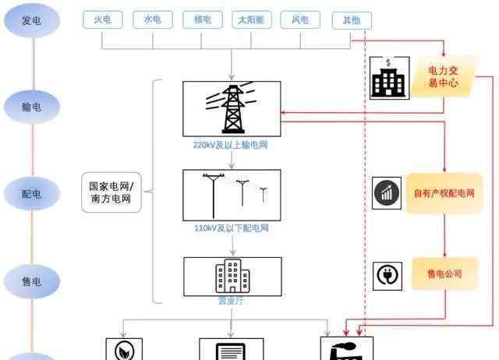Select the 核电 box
(x=203, y=20)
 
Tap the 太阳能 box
(x=252, y=20)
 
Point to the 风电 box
(x=301, y=20)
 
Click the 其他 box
(x=351, y=20)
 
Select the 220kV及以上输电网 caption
(x=231, y=145)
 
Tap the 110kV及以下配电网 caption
(x=231, y=228)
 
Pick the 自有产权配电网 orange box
(x=444, y=192)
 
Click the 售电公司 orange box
(x=444, y=274)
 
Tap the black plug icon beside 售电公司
(x=388, y=275)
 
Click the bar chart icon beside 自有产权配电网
(x=388, y=193)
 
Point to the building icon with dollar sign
(x=388, y=78)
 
